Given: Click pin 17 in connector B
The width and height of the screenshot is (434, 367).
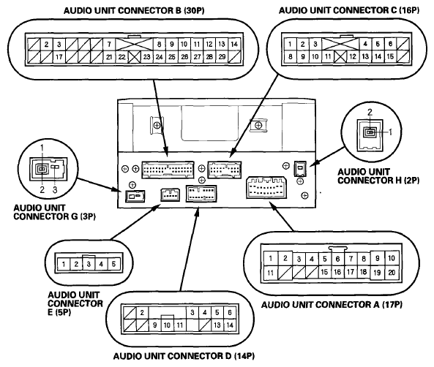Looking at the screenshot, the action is tap(59, 57).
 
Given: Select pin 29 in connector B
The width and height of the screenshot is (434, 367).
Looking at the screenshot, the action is tap(222, 57).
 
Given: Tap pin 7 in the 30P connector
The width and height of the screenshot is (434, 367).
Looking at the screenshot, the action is tap(109, 45).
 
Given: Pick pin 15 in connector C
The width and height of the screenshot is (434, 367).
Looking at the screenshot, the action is tap(390, 57).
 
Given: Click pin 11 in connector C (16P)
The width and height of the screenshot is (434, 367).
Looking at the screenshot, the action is tap(328, 57).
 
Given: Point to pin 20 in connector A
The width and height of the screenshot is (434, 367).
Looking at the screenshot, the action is tap(392, 273).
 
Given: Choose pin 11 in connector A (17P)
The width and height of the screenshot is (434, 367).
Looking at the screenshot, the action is tap(270, 273).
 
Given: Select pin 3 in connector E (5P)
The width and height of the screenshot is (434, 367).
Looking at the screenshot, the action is tap(89, 264).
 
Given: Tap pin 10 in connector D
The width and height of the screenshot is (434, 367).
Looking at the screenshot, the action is tap(167, 325).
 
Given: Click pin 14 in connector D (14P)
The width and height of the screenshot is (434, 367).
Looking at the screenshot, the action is tap(230, 325).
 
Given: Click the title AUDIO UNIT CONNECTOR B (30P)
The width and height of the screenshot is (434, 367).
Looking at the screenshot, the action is tap(134, 11).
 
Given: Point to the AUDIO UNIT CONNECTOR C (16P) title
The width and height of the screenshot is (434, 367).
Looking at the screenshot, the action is tap(349, 10).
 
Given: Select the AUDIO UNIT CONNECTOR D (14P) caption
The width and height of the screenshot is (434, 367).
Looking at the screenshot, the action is tap(184, 355).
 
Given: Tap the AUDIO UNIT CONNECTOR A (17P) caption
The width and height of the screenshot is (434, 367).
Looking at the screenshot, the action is tap(332, 305).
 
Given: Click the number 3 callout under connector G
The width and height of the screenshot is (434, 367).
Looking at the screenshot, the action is tap(55, 190).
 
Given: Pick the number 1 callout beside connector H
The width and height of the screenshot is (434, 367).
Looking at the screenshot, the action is tap(391, 132).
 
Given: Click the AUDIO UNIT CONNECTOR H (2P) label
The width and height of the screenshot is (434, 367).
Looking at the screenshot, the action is tap(378, 176).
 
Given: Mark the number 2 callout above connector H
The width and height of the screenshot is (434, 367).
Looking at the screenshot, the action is tap(370, 112).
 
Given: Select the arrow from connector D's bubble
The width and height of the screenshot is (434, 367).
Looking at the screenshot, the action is tap(190, 249).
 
